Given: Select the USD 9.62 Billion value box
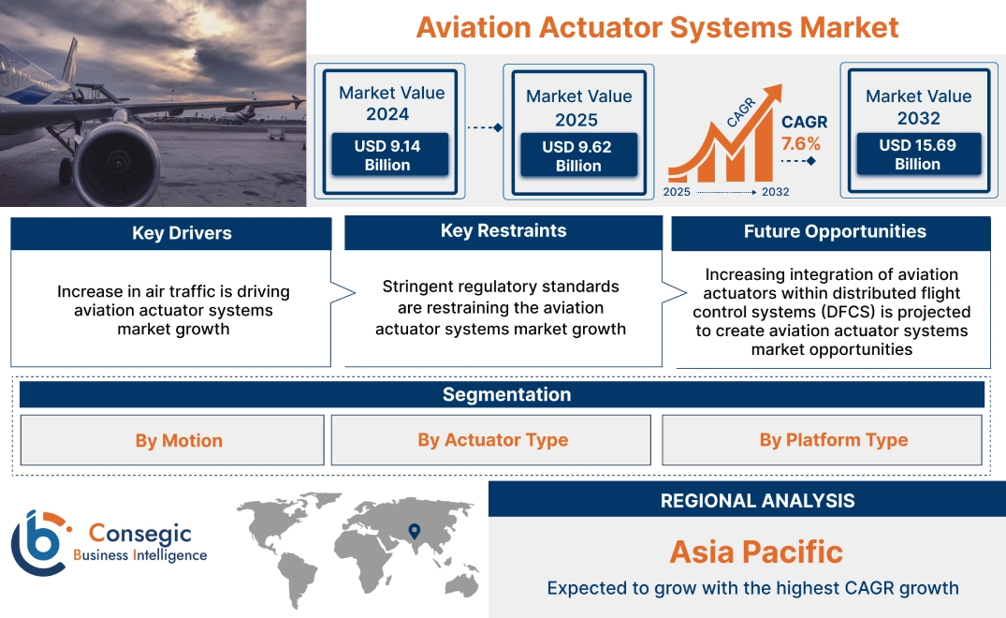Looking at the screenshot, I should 578,156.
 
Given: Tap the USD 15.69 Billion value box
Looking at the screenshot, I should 917,154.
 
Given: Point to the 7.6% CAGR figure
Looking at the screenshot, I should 800,143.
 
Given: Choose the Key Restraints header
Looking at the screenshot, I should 503,231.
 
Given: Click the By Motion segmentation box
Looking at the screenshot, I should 179,440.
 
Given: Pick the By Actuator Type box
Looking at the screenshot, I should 492,440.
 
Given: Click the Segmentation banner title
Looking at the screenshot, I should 506,394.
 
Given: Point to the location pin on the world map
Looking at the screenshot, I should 413,533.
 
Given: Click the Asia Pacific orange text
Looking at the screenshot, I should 756,552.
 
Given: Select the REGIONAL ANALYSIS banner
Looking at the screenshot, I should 757,500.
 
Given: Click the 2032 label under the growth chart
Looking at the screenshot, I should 775,192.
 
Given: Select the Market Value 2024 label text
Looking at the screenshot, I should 391,103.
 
